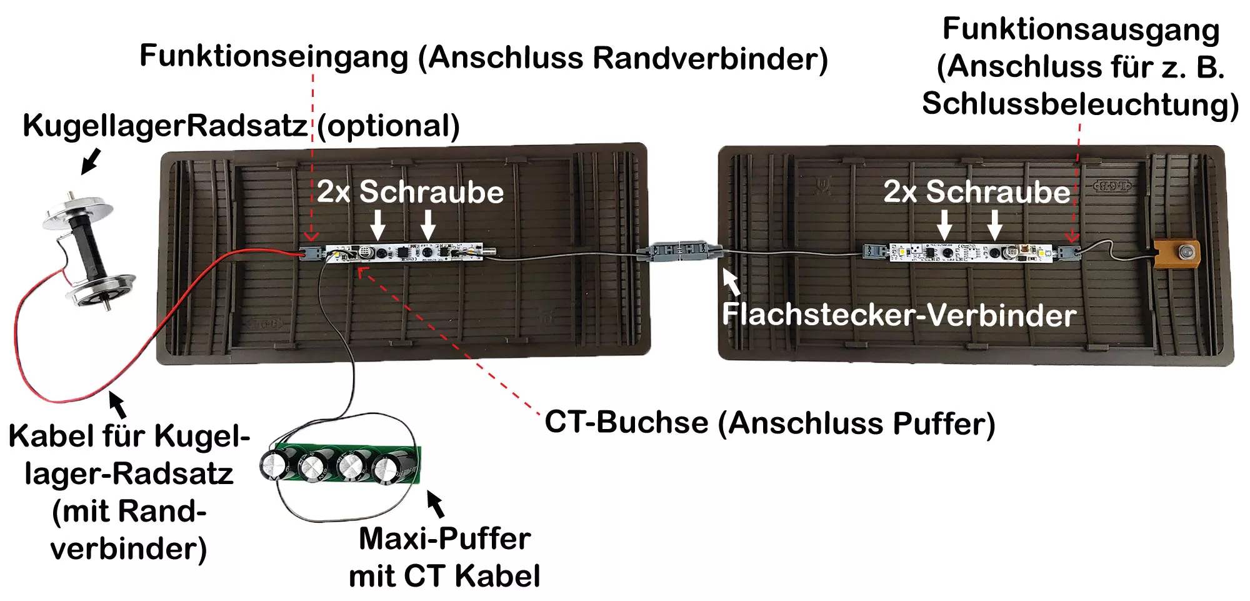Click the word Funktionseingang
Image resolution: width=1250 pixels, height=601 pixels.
pyautogui.click(x=274, y=58)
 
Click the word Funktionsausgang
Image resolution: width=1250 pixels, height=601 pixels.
pyautogui.click(x=1081, y=31)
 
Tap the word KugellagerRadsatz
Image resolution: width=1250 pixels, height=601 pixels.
pyautogui.click(x=165, y=126)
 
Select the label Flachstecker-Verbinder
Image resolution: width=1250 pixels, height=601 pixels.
pyautogui.click(x=899, y=315)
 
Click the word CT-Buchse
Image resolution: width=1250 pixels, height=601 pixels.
pyautogui.click(x=627, y=422)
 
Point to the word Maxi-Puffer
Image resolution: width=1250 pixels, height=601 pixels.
pyautogui.click(x=444, y=539)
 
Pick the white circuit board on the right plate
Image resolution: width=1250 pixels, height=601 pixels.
pyautogui.click(x=972, y=252)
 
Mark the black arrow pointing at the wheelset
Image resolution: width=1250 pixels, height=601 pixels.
pyautogui.click(x=91, y=161)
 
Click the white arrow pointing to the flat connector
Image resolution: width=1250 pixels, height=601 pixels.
pyautogui.click(x=731, y=281)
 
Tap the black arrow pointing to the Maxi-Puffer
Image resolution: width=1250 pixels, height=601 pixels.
pyautogui.click(x=436, y=504)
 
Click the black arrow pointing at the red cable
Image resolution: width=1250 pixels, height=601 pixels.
pyautogui.click(x=117, y=404)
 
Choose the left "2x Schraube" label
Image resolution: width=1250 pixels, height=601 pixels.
pyautogui.click(x=410, y=191)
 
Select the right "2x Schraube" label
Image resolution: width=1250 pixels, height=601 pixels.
pyautogui.click(x=977, y=191)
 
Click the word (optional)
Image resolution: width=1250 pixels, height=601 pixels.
pyautogui.click(x=388, y=126)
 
